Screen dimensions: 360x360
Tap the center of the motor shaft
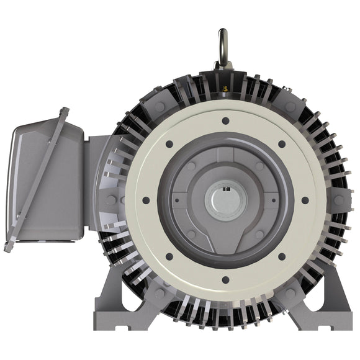point(225,200)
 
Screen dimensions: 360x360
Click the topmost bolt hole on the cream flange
point(225,120)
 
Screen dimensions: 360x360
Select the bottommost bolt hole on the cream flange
point(225,280)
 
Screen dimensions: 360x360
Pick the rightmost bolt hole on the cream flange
point(305,200)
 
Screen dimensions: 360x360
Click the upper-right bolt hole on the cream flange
point(281,144)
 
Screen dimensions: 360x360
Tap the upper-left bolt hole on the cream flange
point(168,144)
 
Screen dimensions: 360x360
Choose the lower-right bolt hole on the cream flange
point(281,256)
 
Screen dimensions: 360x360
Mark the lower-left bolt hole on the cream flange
point(168,256)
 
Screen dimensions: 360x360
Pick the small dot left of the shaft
point(178,200)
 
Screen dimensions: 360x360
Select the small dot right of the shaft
point(271,200)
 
